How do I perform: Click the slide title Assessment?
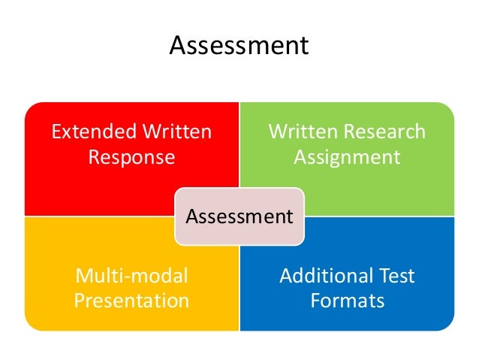point(239,46)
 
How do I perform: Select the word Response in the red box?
point(131,158)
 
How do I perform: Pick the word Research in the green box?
point(385,133)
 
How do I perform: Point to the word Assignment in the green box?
point(346,158)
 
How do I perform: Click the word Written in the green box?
point(302,133)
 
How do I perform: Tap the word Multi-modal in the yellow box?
point(131,276)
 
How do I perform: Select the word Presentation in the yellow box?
point(131,301)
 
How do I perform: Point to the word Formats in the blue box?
point(347,301)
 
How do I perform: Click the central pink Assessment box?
point(239,217)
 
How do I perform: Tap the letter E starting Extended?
point(56,133)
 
